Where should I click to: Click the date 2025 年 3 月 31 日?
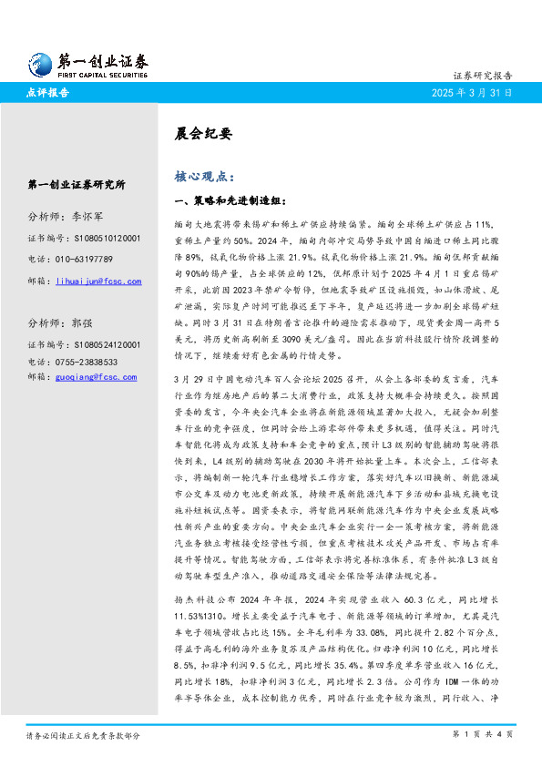tap(478, 93)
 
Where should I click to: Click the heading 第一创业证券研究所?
tap(77, 185)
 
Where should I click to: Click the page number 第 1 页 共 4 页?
tap(485, 733)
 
